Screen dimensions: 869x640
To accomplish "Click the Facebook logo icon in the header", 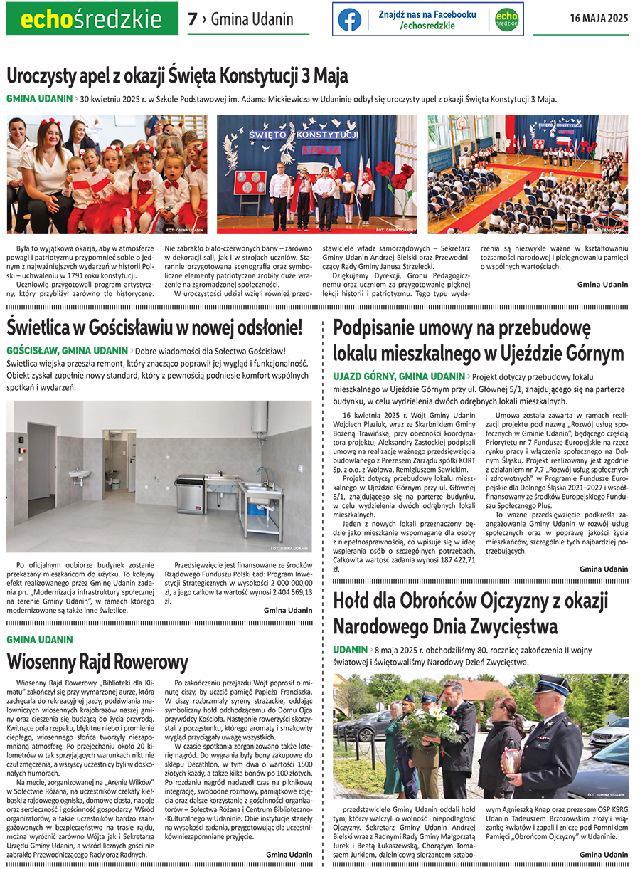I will [349, 19].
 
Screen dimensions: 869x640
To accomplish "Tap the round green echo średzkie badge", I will [506, 19].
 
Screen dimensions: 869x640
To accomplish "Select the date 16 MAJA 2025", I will [599, 19].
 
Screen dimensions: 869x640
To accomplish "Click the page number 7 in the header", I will [192, 19].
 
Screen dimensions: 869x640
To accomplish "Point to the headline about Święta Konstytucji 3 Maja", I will [177, 75].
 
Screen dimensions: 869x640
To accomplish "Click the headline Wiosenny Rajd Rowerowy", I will [97, 661].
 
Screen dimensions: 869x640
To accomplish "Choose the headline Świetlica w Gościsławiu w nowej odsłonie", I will [154, 327].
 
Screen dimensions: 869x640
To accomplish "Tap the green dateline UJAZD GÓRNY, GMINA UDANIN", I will [398, 376].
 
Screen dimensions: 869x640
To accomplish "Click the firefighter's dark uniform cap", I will [552, 685].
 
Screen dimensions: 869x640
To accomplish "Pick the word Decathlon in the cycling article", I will [211, 771].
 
